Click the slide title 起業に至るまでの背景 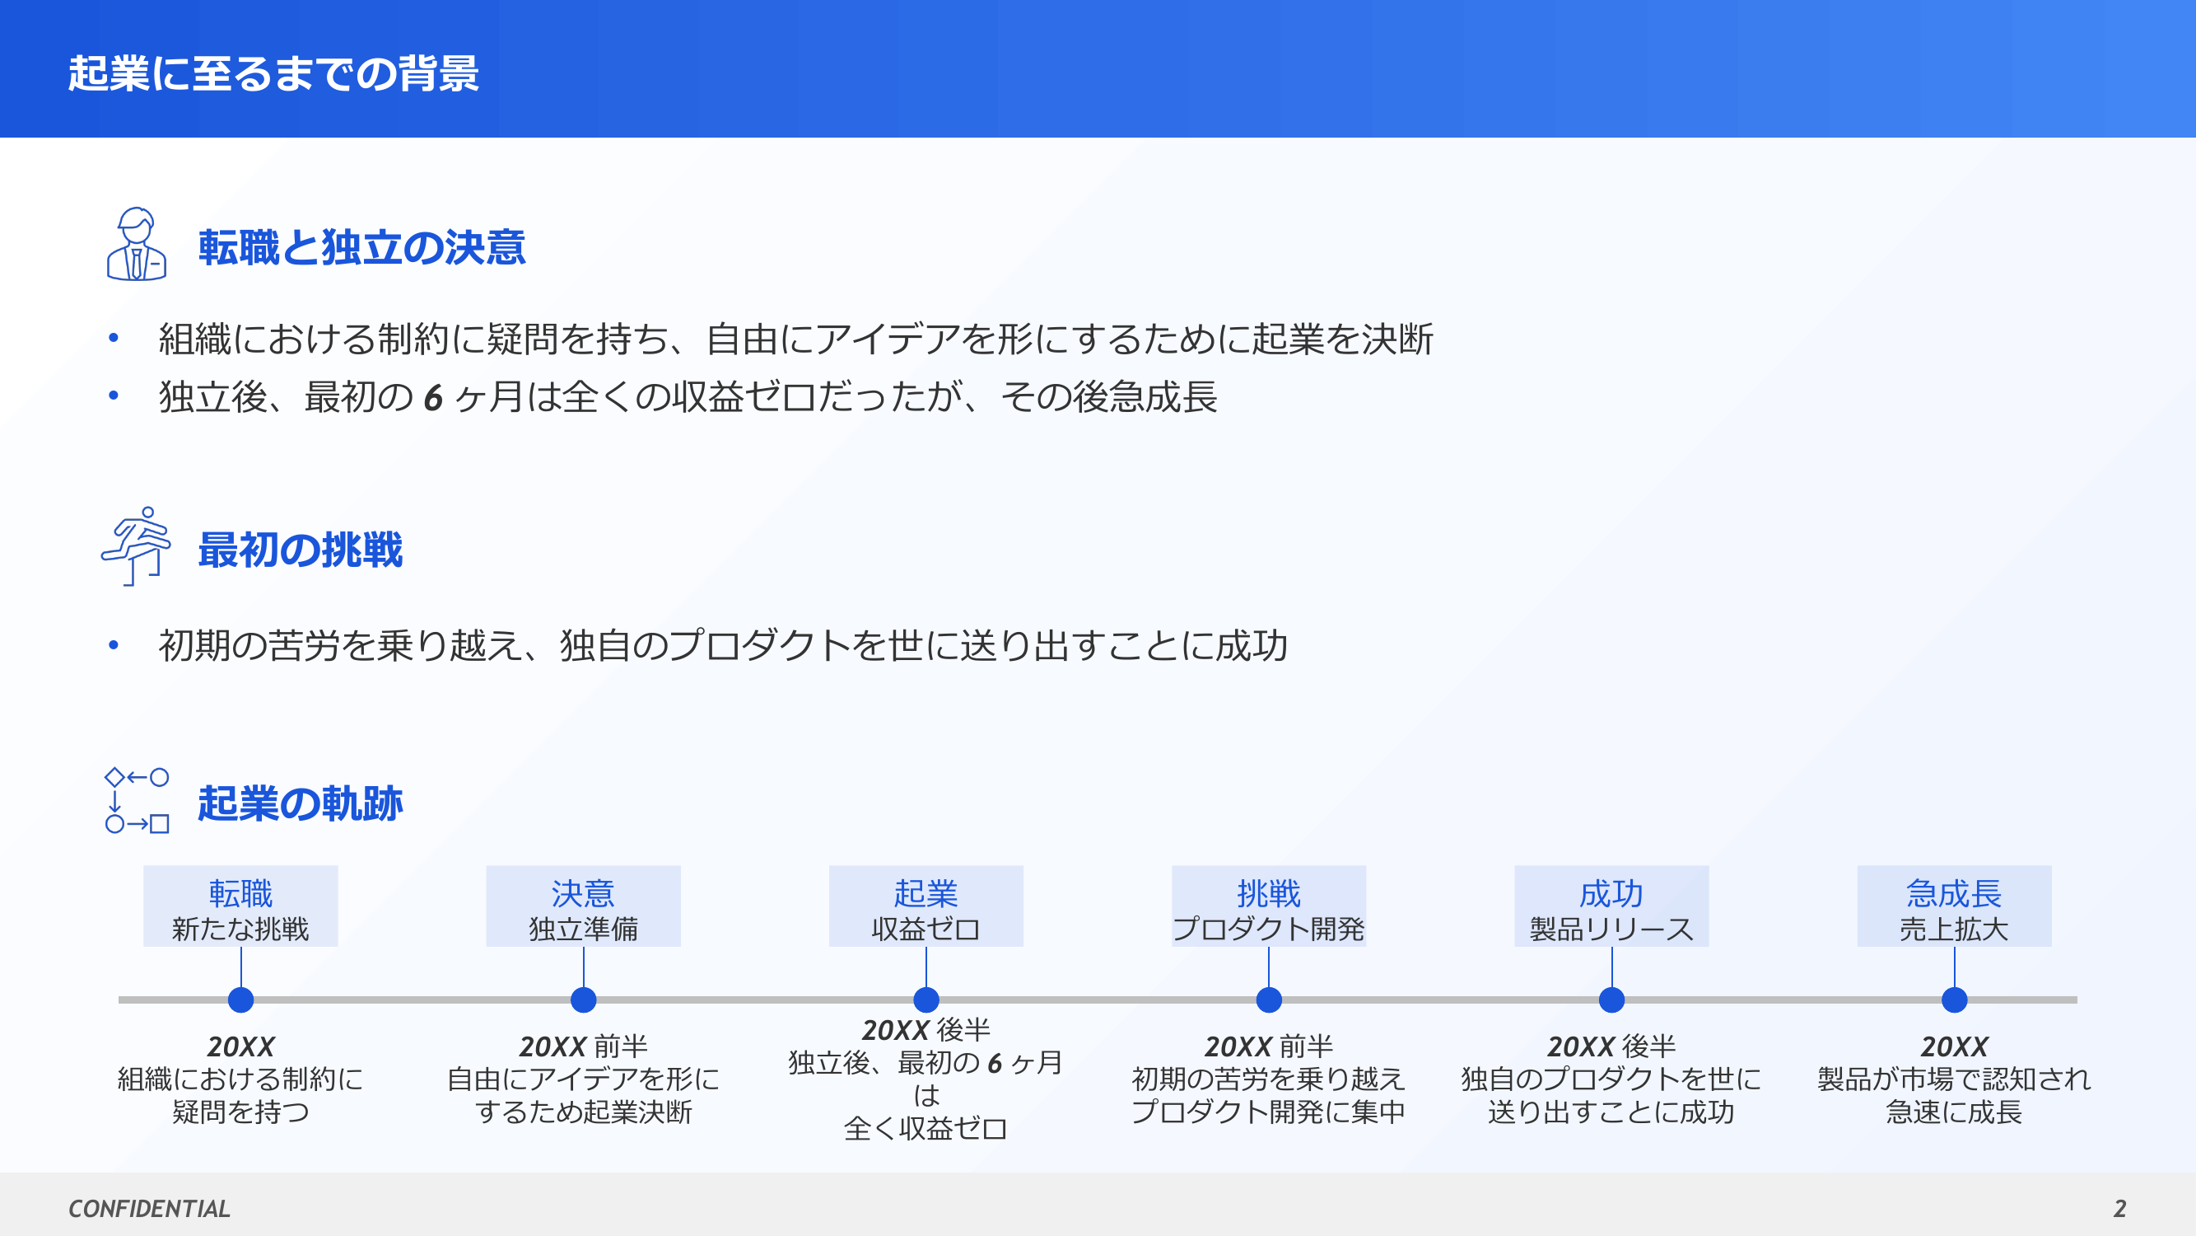point(273,73)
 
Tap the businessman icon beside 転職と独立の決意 point(137,244)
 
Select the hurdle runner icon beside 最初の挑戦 point(137,546)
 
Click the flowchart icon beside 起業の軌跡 point(137,800)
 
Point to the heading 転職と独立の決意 point(361,247)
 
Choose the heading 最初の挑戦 point(300,550)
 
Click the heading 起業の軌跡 point(300,803)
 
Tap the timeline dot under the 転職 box point(241,1000)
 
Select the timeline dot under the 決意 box point(584,1000)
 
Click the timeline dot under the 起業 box point(926,1000)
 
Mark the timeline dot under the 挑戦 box point(1270,1000)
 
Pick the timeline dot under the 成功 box point(1612,1000)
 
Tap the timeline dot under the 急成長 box point(1955,1000)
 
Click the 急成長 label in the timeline point(1955,893)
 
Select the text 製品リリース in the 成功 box point(1612,929)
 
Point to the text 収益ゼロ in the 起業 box point(926,929)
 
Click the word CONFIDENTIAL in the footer point(149,1209)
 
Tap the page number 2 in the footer point(2120,1209)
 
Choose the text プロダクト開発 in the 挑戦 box point(1270,929)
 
